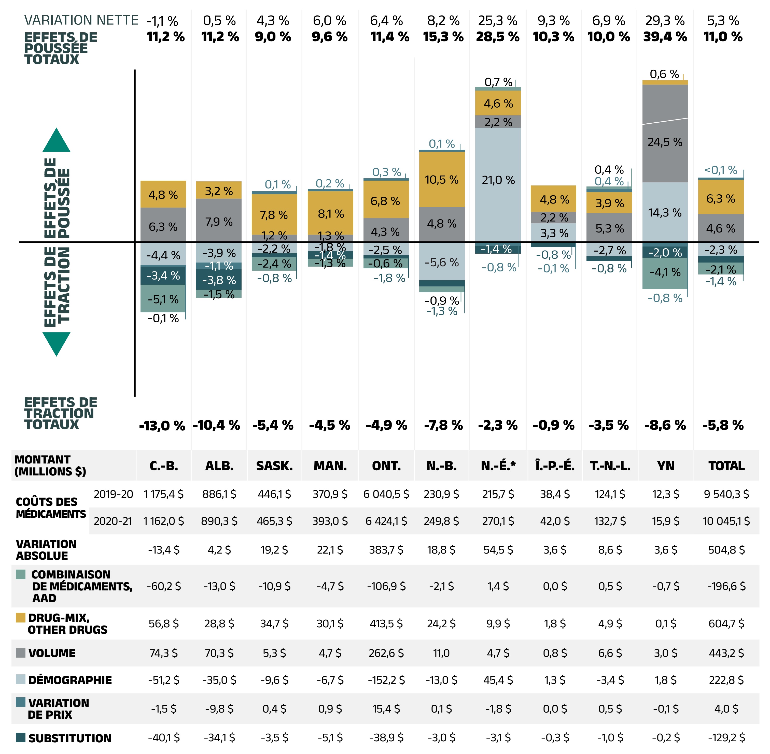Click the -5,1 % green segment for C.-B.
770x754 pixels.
163,299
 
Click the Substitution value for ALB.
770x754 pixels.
219,737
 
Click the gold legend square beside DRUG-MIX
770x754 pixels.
21,617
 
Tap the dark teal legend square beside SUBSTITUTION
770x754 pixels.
21,737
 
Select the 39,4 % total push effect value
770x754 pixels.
665,37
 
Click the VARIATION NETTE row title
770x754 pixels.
81,20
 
